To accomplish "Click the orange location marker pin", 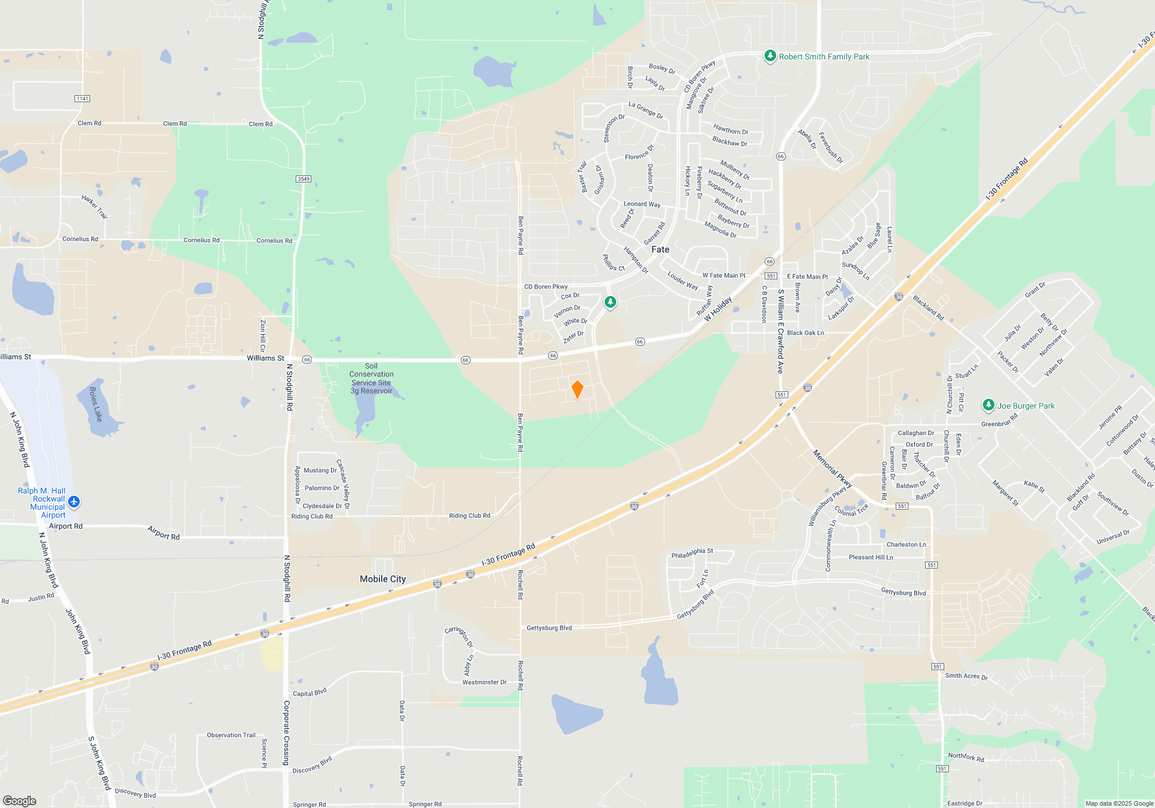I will tap(577, 390).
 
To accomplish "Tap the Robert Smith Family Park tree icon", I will tap(770, 56).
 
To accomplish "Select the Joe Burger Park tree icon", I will tap(988, 405).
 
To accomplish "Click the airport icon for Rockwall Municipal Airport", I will tap(74, 502).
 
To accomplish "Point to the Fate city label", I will tap(660, 249).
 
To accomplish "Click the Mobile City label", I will tap(382, 579).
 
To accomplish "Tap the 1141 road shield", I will tap(82, 99).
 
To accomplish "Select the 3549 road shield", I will tap(304, 179).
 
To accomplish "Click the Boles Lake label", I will tap(96, 404).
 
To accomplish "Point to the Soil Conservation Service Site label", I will tap(371, 379).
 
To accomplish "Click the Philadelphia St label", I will tap(692, 553).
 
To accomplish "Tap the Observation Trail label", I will tap(231, 735).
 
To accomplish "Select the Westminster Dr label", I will tap(484, 682).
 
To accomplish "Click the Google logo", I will tap(20, 801).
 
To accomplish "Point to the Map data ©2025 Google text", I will tap(1119, 803).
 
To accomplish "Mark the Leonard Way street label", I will tap(642, 204).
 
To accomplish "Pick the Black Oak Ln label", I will tap(805, 333).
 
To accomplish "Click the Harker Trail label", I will tap(94, 207).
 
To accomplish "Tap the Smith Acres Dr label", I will tap(966, 676).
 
